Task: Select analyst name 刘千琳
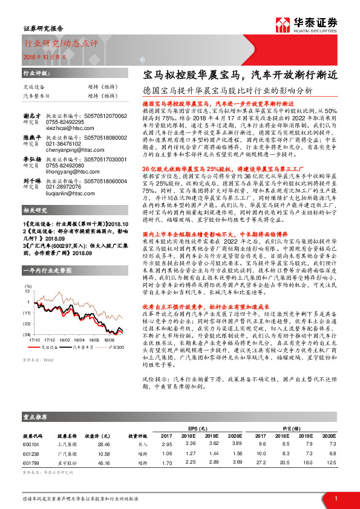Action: pyautogui.click(x=31, y=180)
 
